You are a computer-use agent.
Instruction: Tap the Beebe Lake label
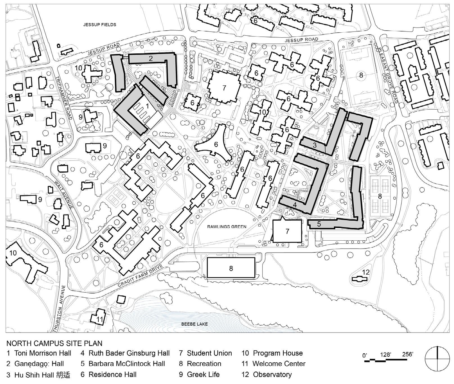pyautogui.click(x=194, y=324)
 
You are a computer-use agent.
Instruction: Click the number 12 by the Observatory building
pyautogui.click(x=366, y=272)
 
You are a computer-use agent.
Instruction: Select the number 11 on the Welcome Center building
pyautogui.click(x=100, y=319)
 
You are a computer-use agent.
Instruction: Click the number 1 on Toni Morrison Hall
pyautogui.click(x=146, y=106)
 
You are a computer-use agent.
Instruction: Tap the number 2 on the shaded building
pyautogui.click(x=151, y=58)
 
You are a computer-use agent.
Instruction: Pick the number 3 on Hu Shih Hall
pyautogui.click(x=315, y=145)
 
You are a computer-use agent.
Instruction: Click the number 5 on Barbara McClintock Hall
pyautogui.click(x=319, y=224)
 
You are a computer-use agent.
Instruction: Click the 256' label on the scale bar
pyautogui.click(x=407, y=354)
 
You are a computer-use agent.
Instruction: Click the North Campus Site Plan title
pyautogui.click(x=54, y=343)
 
